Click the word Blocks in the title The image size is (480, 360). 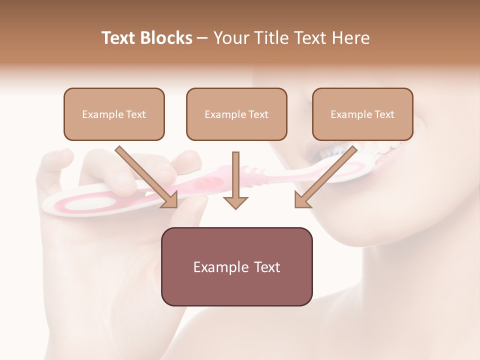tap(166, 38)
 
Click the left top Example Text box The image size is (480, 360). tap(114, 114)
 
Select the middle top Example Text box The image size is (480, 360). tap(236, 114)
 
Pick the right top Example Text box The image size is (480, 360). tap(362, 114)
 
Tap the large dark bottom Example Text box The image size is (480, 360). tap(236, 266)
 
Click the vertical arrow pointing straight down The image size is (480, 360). tap(235, 180)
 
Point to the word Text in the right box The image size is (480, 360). tap(384, 114)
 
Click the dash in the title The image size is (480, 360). tap(202, 38)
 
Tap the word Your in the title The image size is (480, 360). tap(229, 38)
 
